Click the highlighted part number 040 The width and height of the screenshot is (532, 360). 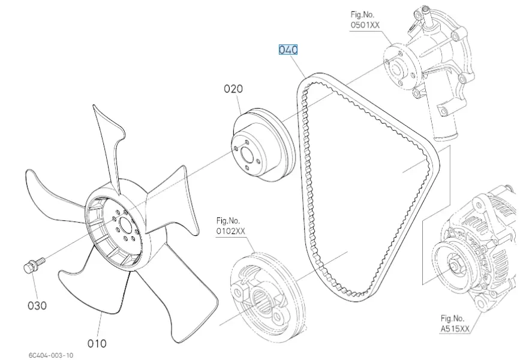pos(288,50)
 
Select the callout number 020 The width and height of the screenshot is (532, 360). pos(233,89)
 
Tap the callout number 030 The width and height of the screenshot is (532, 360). pos(37,305)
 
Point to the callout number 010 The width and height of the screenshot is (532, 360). pos(97,343)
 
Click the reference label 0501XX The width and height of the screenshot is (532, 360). pos(365,25)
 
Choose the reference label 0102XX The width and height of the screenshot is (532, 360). pos(231,231)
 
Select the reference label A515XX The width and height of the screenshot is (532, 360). pos(454,329)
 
